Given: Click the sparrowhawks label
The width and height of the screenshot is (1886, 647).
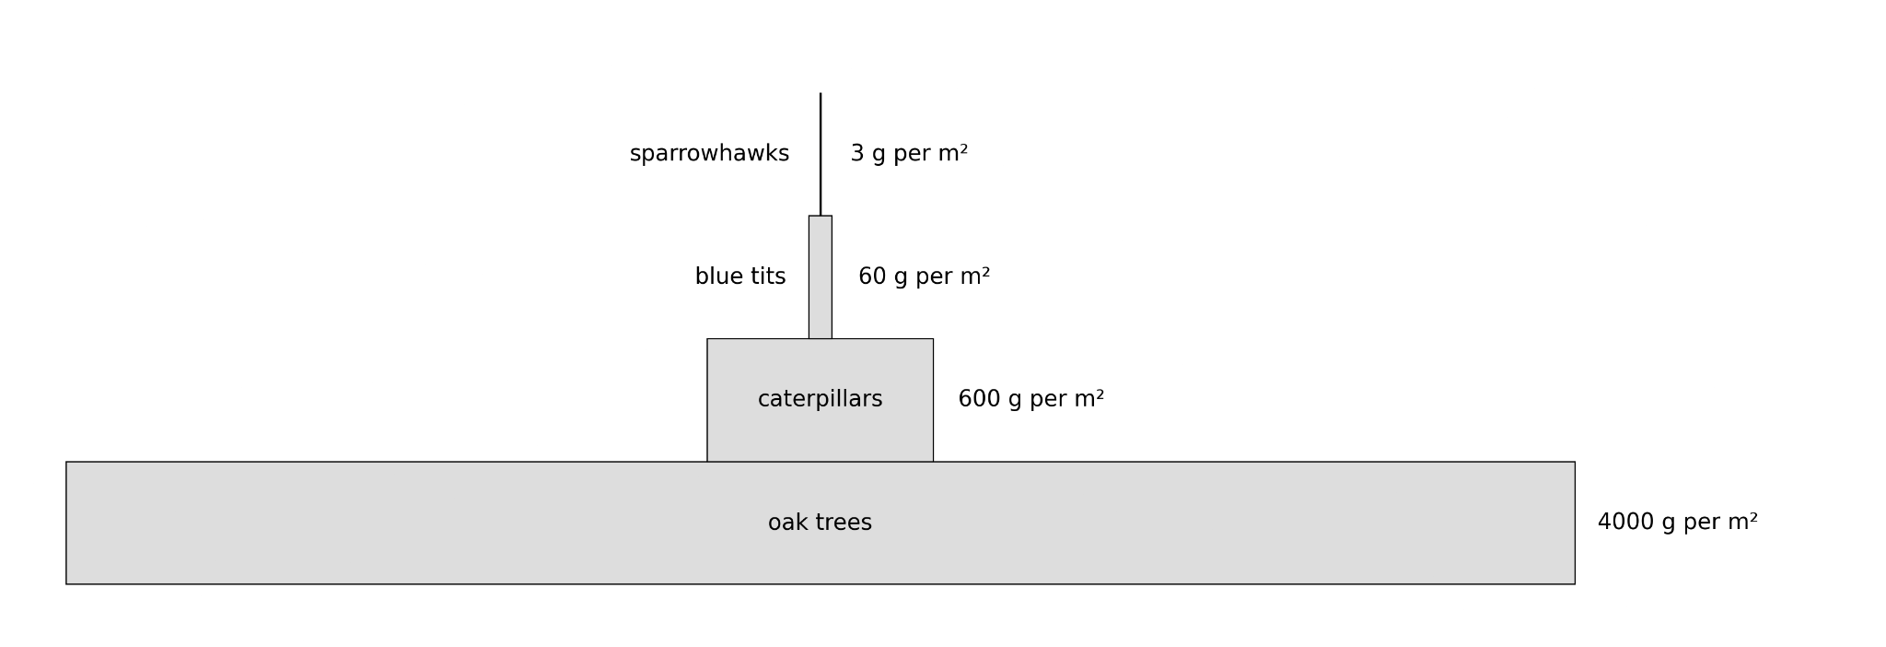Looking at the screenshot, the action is (x=709, y=154).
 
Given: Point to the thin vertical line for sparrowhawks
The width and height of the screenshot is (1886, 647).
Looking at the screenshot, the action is (x=821, y=154).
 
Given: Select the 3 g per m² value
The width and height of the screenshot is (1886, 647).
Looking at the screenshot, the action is (x=909, y=154).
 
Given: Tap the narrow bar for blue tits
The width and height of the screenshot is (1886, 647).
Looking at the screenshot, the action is (x=821, y=277).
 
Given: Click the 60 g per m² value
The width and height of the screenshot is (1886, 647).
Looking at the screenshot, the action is (x=924, y=276).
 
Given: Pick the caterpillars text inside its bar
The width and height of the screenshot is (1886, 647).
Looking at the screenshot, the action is (x=820, y=399).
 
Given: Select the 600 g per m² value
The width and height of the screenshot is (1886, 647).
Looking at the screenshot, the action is (x=1030, y=399).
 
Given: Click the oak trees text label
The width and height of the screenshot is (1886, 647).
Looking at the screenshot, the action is (x=820, y=523).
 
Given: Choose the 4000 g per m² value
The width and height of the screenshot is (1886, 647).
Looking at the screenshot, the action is (x=1677, y=522).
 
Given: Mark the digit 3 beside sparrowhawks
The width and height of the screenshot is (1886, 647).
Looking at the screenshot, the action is (x=857, y=154).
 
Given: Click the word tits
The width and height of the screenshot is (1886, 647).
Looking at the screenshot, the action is (x=768, y=276).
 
